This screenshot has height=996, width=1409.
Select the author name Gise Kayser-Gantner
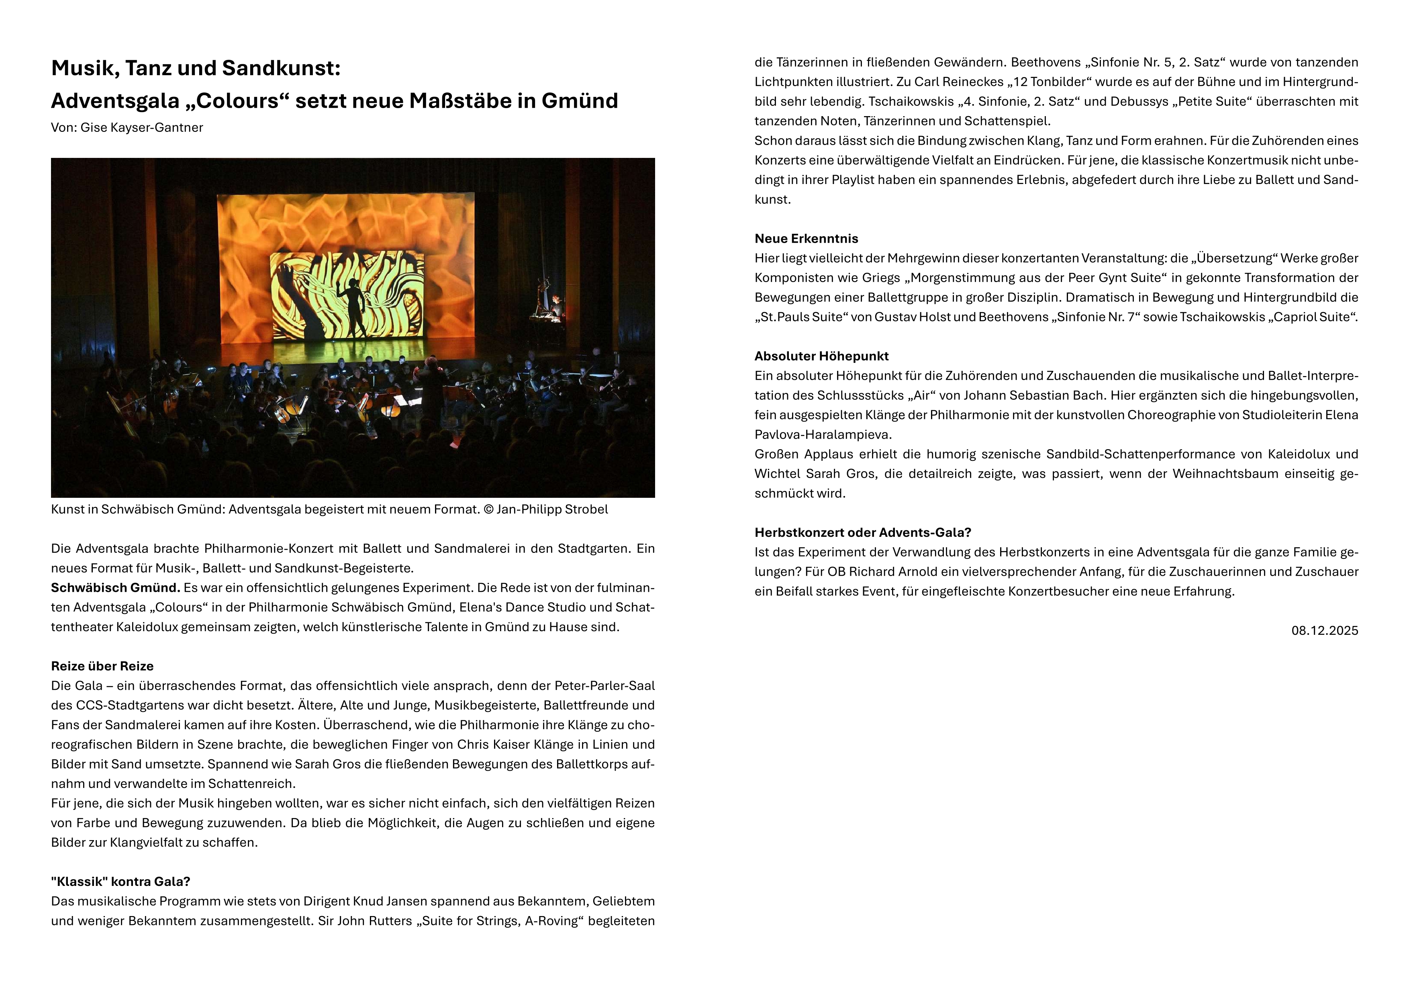(142, 128)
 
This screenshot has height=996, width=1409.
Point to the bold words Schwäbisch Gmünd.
(115, 588)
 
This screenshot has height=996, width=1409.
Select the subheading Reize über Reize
(102, 667)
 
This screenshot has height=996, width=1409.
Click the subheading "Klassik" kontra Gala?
(120, 882)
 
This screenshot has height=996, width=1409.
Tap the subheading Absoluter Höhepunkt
(821, 356)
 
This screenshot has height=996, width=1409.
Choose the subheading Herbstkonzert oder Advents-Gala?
(863, 533)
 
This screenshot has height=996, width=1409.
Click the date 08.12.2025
(1324, 631)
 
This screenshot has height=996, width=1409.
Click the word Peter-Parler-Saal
(604, 686)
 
